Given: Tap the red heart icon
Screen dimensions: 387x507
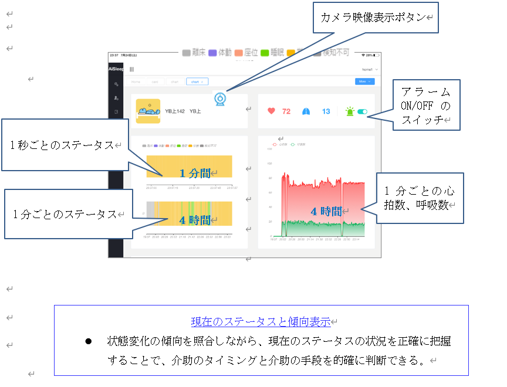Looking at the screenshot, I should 271,111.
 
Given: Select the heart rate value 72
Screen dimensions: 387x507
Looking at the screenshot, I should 286,111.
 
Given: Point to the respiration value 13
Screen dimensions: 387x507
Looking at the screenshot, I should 326,111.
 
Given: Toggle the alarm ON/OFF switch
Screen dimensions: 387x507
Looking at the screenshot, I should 361,111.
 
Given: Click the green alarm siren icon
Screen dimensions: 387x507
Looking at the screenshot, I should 350,111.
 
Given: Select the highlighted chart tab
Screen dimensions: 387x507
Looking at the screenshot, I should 197,82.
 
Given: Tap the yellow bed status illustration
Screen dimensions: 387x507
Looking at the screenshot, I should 148,110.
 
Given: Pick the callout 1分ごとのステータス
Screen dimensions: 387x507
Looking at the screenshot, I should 65,214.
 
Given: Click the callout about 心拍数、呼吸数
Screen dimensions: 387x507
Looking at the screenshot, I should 419,198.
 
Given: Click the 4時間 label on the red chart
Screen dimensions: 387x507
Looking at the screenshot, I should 326,212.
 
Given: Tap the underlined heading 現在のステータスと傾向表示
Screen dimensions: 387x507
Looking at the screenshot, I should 261,321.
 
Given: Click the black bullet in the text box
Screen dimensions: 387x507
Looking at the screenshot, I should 89,341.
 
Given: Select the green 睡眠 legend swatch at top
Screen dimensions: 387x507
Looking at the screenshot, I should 264,53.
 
